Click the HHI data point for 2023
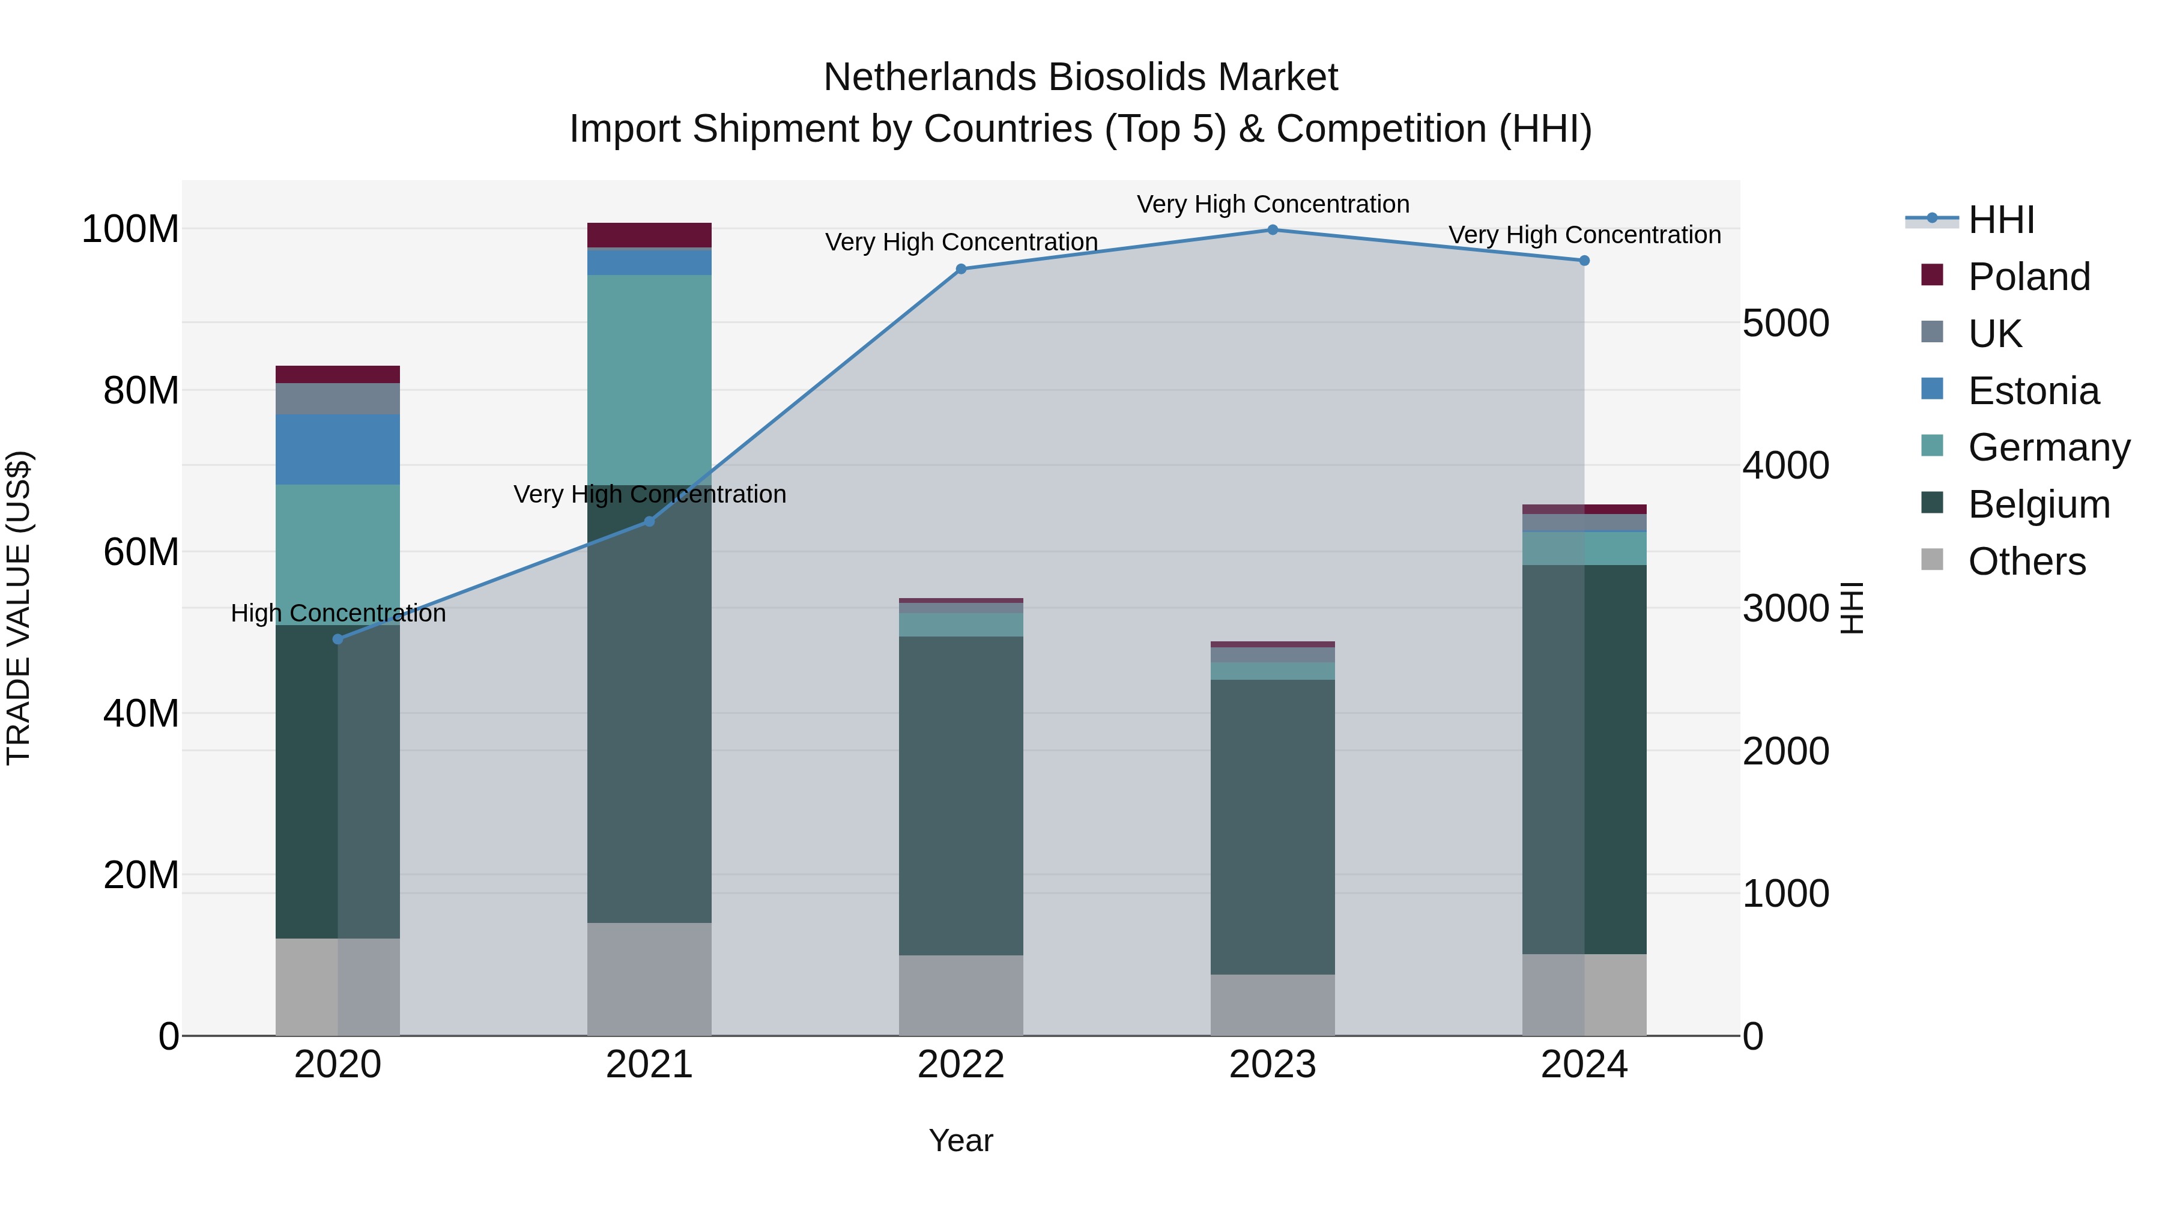click(x=1273, y=230)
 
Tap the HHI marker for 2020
click(x=338, y=640)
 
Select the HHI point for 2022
click(x=961, y=270)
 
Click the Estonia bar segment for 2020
click(x=338, y=449)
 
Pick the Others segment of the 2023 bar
click(x=1273, y=1005)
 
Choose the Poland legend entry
click(x=2029, y=277)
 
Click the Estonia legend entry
click(x=2033, y=391)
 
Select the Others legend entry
click(x=2026, y=561)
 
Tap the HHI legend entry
click(x=2001, y=220)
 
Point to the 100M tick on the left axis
click(x=130, y=229)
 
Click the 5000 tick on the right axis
click(x=1786, y=323)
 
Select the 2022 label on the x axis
click(x=961, y=1065)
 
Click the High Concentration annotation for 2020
click(x=338, y=614)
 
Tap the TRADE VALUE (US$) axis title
click(x=19, y=608)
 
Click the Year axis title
click(x=961, y=1140)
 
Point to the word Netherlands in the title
click(x=930, y=77)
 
